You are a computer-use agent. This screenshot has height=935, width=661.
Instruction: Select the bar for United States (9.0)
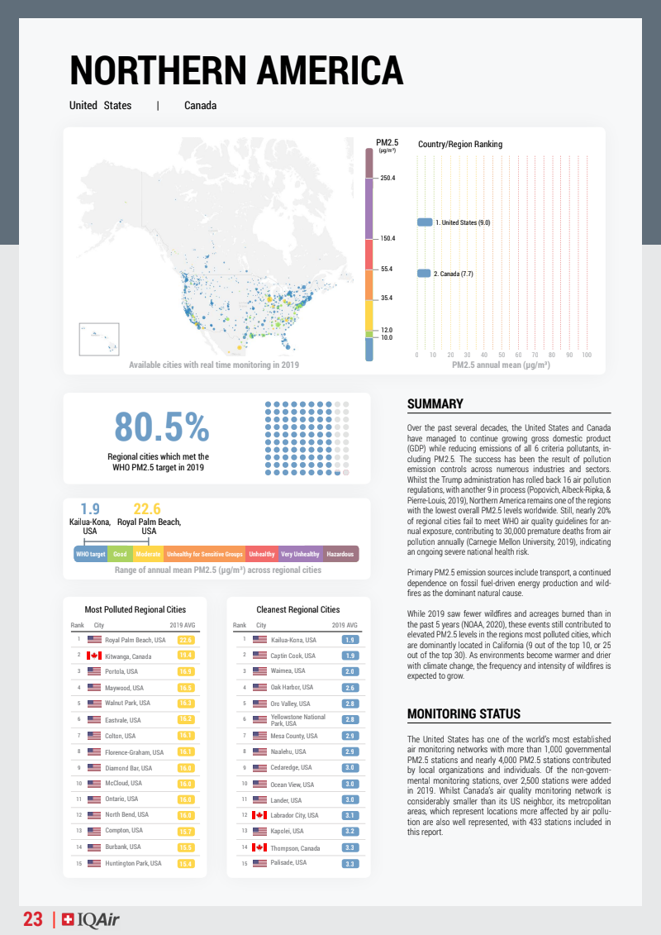point(425,222)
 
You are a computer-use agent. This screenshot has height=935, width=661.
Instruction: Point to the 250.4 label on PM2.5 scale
point(388,179)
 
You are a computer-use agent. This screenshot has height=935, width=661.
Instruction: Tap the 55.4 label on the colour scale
point(387,270)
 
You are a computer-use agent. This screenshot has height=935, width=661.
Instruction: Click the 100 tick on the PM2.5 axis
point(587,355)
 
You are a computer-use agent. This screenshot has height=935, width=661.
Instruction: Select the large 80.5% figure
point(162,427)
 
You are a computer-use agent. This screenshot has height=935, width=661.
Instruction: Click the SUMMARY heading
point(435,404)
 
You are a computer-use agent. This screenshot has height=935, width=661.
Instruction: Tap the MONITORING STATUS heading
point(464,713)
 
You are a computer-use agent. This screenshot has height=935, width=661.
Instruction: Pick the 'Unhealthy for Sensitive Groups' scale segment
point(204,554)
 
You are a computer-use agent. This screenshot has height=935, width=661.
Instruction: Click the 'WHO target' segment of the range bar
point(90,554)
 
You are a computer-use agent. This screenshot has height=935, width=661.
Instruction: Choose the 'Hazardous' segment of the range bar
point(340,554)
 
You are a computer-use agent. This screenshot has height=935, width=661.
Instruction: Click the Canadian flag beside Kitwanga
point(94,656)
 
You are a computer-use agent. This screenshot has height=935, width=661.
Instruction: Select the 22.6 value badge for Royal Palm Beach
point(185,640)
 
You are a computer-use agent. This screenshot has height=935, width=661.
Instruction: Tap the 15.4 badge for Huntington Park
point(185,863)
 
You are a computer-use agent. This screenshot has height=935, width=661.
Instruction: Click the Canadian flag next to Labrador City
point(259,815)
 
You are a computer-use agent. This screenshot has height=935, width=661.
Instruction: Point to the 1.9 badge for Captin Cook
point(350,656)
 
